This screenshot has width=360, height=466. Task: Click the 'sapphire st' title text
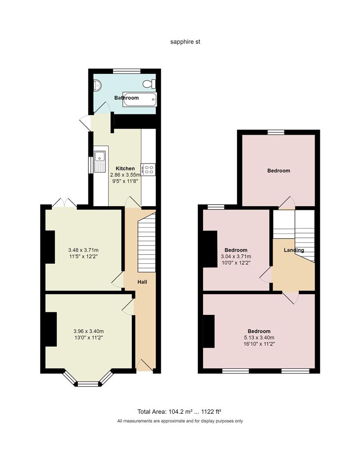click(185, 42)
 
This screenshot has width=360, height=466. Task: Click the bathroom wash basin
click(97, 85)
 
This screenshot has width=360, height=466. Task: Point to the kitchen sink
click(100, 161)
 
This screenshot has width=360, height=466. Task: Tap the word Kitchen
click(125, 168)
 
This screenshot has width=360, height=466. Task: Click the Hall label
click(142, 282)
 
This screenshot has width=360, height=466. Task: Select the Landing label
click(294, 250)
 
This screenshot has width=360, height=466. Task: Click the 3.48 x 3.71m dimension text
click(83, 250)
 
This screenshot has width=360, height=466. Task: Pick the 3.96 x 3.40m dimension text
click(88, 331)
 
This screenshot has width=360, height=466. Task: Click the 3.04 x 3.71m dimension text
click(236, 256)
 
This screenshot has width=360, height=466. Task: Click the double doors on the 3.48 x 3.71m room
click(64, 203)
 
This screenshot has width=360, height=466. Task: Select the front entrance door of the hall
click(144, 367)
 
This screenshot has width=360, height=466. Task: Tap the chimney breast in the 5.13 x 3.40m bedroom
click(209, 331)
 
